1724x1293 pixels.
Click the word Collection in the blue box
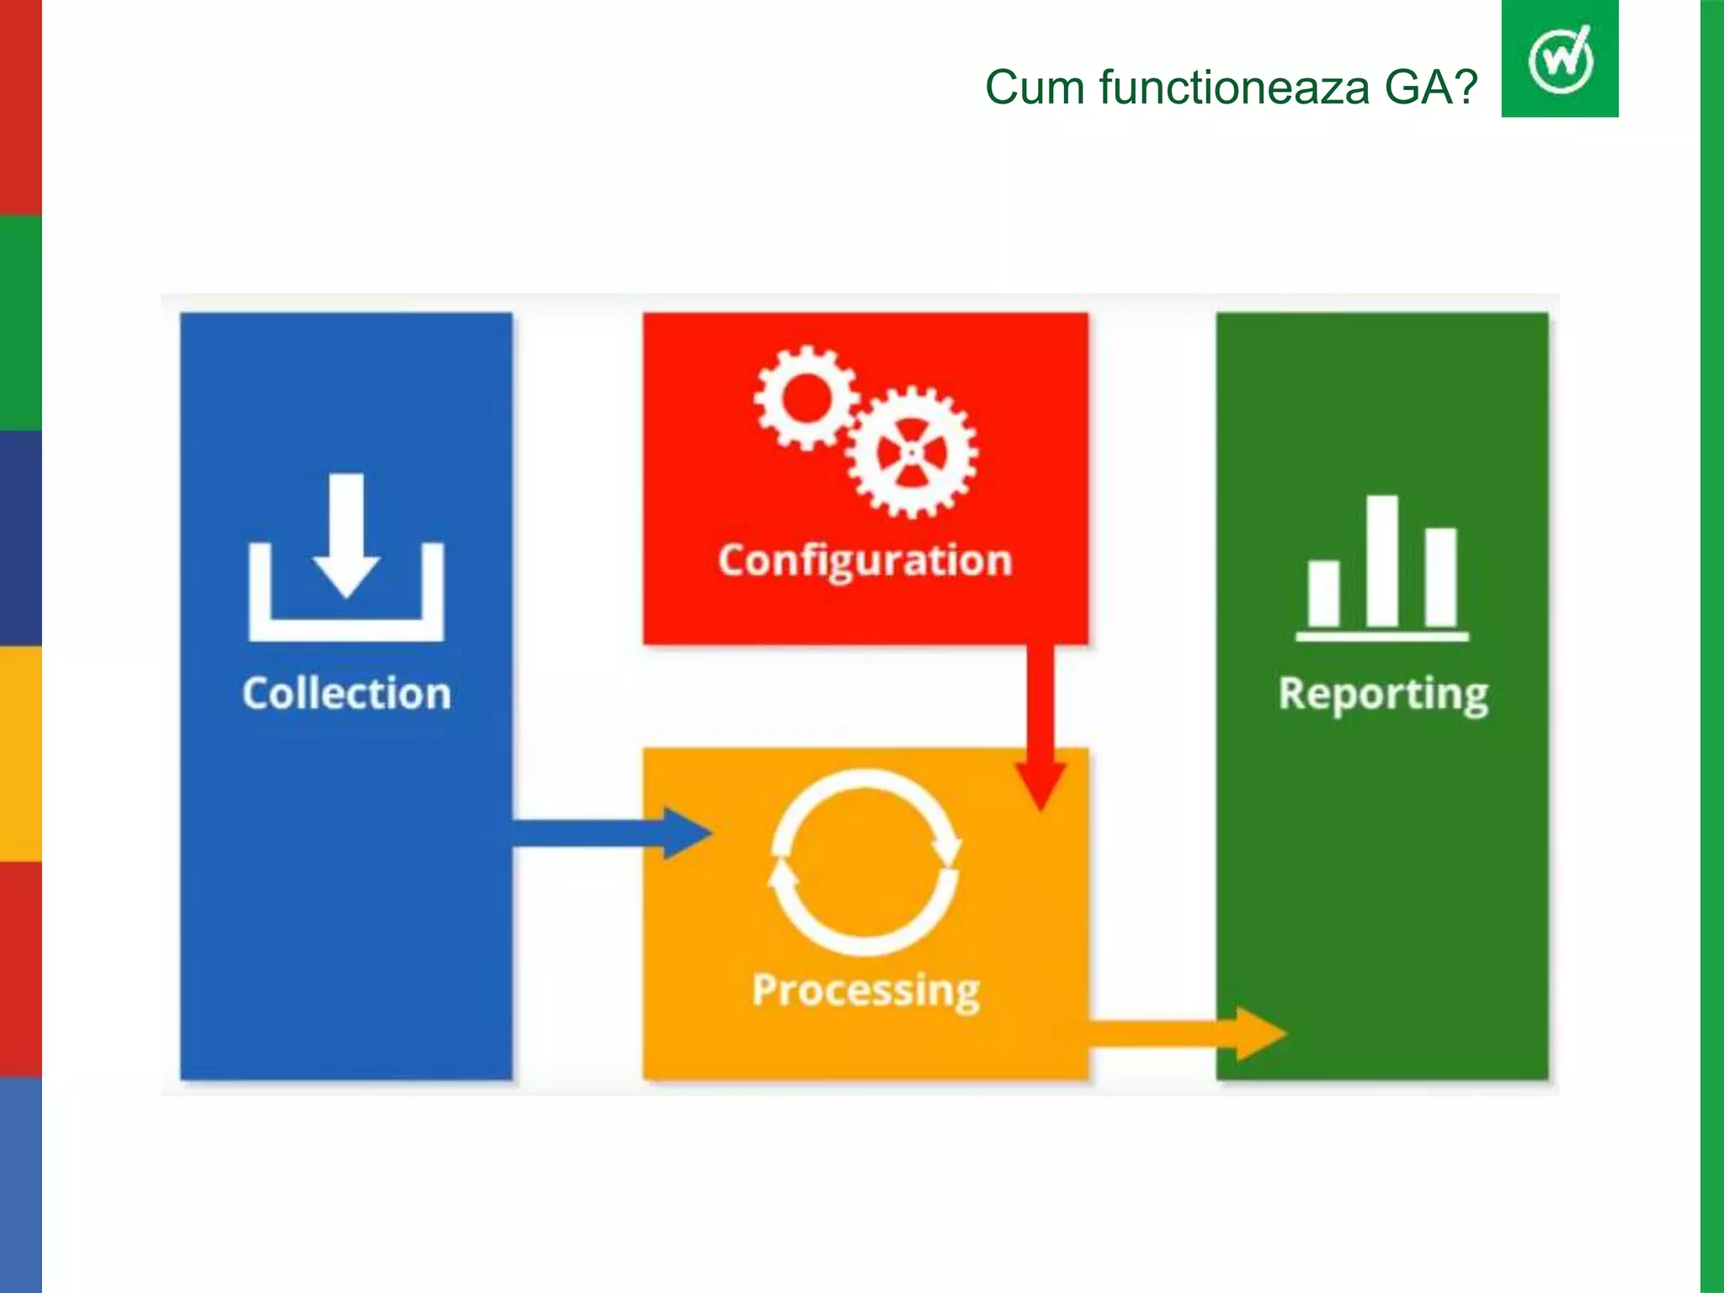pyautogui.click(x=346, y=694)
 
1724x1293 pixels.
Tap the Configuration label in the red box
pyautogui.click(x=865, y=561)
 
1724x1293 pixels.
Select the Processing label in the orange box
pyautogui.click(x=865, y=990)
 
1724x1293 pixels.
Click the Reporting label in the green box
pyautogui.click(x=1382, y=695)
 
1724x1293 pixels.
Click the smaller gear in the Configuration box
pyautogui.click(x=806, y=398)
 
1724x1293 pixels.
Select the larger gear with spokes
pyautogui.click(x=912, y=452)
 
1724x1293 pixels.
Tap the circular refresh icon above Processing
pyautogui.click(x=865, y=862)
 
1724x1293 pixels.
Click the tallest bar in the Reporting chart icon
pyautogui.click(x=1381, y=560)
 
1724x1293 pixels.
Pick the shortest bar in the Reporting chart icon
pyautogui.click(x=1323, y=593)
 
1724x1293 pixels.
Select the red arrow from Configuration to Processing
pyautogui.click(x=1040, y=724)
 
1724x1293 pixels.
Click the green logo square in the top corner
pyautogui.click(x=1559, y=59)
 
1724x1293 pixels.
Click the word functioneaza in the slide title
pyautogui.click(x=1234, y=88)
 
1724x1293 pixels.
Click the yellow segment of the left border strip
pyautogui.click(x=20, y=753)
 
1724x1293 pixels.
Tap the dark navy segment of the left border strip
pyautogui.click(x=20, y=539)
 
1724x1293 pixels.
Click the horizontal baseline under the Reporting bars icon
pyautogui.click(x=1381, y=636)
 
